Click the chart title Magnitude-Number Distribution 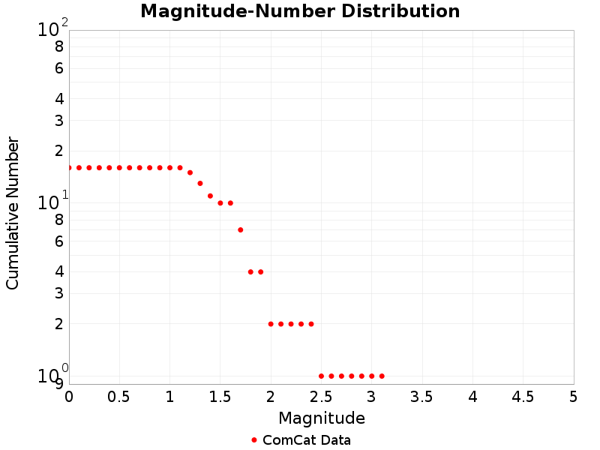(x=300, y=12)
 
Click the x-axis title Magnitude (x=322, y=418)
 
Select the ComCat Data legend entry (x=300, y=440)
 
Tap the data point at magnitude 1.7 (x=240, y=229)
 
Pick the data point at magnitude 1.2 (x=190, y=172)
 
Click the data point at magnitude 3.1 (x=382, y=376)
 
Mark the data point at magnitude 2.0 (x=271, y=324)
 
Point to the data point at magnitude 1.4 (x=210, y=196)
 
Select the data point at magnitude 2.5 (x=321, y=376)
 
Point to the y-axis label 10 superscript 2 (x=52, y=29)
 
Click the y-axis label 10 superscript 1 (x=52, y=202)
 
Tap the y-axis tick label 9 (x=58, y=384)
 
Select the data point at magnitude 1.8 (x=250, y=271)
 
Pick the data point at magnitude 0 (x=69, y=167)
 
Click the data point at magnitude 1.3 (x=200, y=183)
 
